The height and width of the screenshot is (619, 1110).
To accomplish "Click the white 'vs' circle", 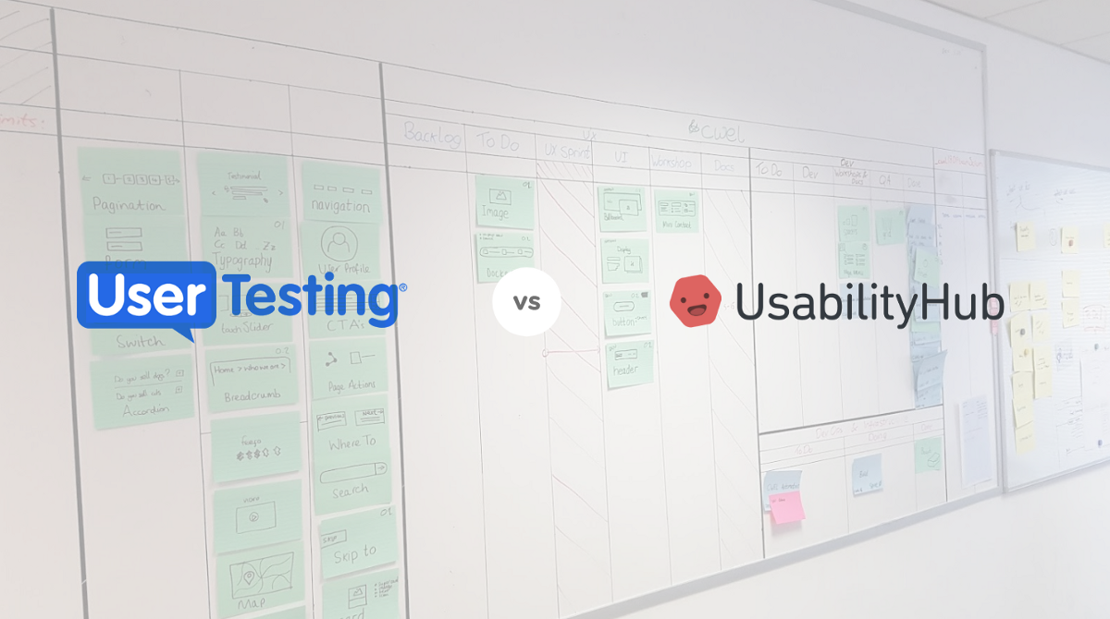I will point(527,301).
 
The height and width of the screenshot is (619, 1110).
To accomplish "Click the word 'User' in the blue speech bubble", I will point(149,296).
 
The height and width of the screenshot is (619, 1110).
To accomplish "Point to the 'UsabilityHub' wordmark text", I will point(869,303).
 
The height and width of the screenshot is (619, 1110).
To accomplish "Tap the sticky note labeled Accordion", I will point(141,392).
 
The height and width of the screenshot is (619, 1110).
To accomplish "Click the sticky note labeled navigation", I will point(340,193).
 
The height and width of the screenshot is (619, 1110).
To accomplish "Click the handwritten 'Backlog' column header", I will point(431,135).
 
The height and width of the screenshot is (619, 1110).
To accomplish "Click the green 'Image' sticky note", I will point(503,201).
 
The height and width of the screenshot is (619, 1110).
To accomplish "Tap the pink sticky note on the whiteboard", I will point(787,506).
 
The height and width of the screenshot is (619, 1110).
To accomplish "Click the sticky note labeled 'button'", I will point(626,313).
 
